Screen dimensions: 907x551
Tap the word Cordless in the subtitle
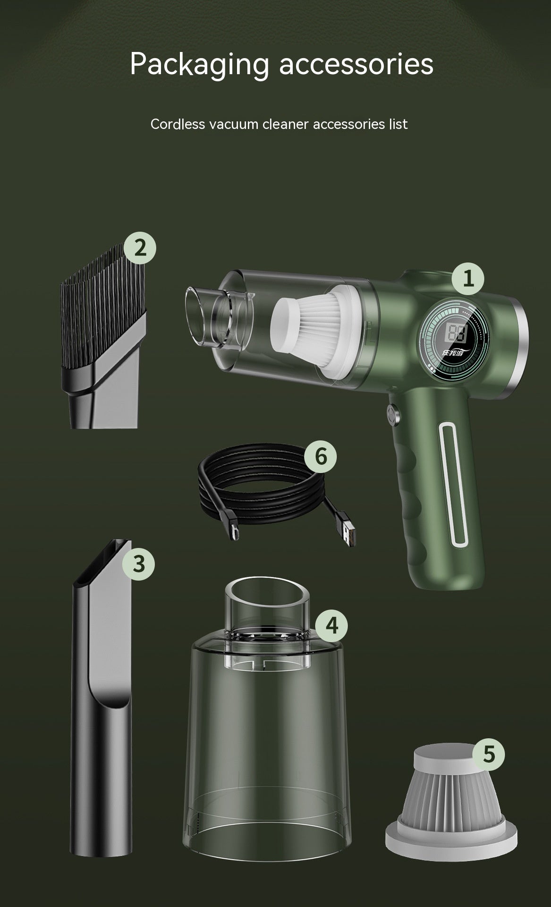(178, 124)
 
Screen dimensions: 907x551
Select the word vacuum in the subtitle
(234, 124)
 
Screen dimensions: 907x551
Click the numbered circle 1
(468, 279)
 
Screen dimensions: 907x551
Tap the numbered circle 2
(140, 248)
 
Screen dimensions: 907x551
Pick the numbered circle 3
(138, 564)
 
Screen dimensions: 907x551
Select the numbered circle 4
(331, 625)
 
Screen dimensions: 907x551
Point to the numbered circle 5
(489, 754)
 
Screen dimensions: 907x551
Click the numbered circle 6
(320, 457)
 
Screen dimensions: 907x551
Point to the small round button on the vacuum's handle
(392, 414)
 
